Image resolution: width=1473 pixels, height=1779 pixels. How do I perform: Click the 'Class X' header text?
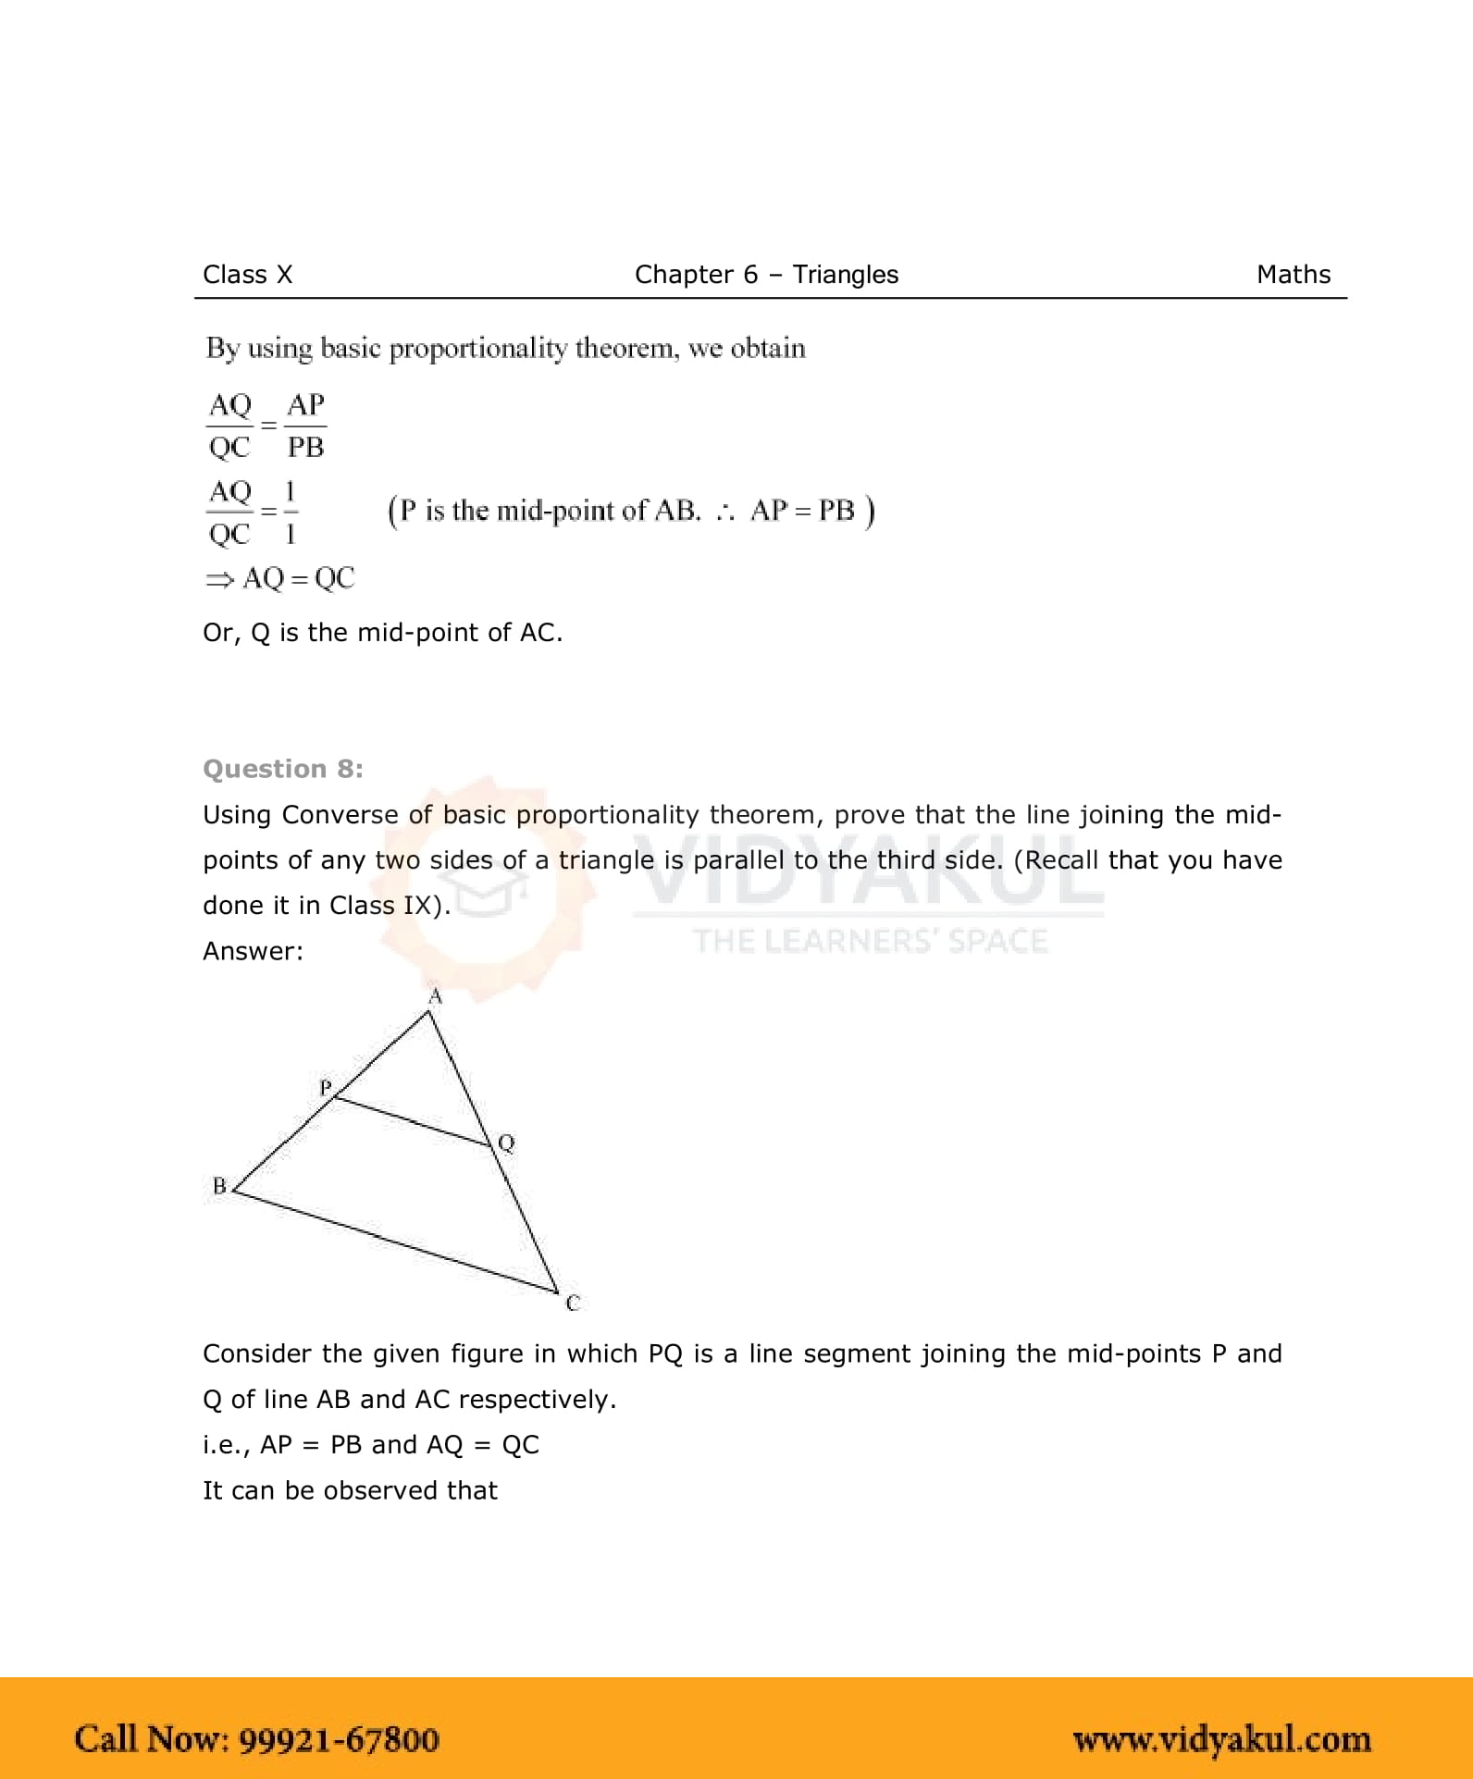(247, 275)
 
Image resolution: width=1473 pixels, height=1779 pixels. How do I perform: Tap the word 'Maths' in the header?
(1293, 275)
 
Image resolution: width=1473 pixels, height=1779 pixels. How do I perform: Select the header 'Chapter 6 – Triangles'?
(766, 275)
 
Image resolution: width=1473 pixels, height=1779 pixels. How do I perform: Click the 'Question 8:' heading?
(283, 769)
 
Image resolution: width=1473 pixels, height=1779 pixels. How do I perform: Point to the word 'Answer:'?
(253, 951)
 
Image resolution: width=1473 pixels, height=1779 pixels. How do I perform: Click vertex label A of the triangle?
(435, 996)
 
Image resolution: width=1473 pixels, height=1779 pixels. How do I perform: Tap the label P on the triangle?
(326, 1087)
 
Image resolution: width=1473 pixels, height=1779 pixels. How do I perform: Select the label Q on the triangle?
(506, 1143)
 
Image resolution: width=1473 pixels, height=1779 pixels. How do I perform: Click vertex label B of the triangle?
(219, 1186)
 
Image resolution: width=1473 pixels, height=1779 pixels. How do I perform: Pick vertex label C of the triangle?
(573, 1303)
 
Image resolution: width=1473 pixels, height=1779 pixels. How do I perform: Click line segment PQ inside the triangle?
(412, 1121)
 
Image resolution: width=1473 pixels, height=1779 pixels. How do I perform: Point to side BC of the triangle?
(395, 1241)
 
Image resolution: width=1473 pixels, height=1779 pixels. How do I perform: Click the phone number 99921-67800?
(339, 1739)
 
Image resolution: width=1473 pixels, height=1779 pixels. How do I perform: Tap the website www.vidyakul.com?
(1221, 1739)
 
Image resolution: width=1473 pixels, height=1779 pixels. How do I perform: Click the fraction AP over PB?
(305, 426)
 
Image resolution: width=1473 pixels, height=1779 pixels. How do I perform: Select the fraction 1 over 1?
(291, 512)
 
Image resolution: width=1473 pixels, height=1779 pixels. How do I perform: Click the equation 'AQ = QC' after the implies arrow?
(298, 578)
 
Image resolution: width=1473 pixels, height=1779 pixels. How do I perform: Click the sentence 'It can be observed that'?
(350, 1490)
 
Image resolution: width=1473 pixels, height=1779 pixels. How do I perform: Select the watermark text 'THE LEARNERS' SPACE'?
(870, 941)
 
